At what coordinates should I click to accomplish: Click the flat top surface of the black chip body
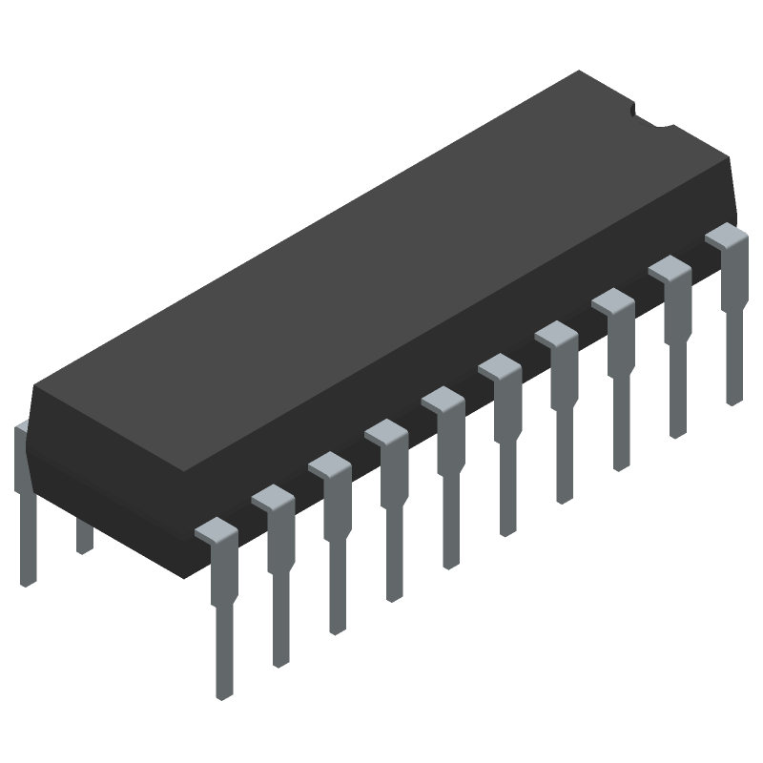point(381,267)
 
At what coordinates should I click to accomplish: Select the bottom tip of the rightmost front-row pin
point(732,399)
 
